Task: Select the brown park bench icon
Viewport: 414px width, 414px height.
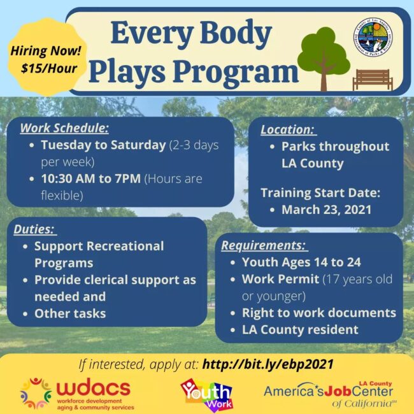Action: point(373,80)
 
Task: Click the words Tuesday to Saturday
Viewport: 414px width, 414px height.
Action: point(103,145)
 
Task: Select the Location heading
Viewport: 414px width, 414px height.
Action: point(288,129)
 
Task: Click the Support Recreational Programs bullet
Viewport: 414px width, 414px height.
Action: point(99,254)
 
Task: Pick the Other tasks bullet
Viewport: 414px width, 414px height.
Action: point(70,313)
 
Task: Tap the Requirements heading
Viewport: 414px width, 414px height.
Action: point(264,245)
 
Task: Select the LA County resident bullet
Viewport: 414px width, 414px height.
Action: point(300,330)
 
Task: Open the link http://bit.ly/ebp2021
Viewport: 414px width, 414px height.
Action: point(268,365)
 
